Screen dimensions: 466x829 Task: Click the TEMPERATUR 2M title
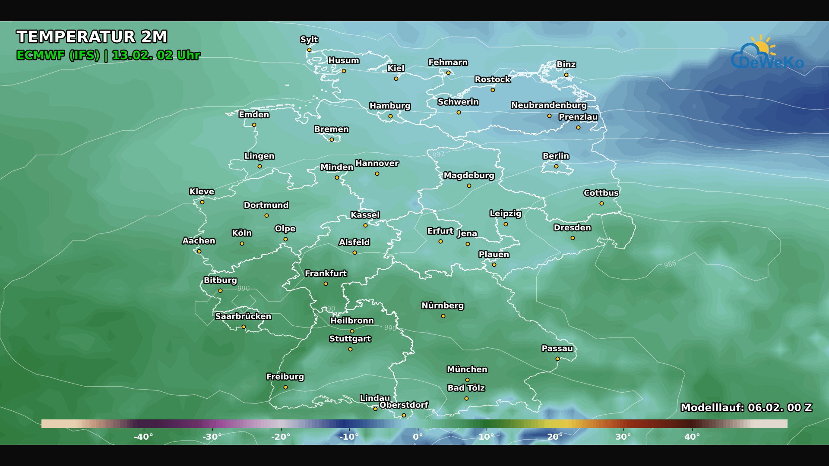coord(92,37)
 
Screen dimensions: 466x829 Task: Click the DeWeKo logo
coord(767,54)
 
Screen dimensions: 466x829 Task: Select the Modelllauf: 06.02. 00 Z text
coord(746,408)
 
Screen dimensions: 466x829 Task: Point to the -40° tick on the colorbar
coord(143,437)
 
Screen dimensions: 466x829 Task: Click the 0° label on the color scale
coord(418,437)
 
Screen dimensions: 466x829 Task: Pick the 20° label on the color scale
coord(555,437)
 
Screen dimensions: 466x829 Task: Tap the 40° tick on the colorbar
coord(692,437)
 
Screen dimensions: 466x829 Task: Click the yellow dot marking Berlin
coord(556,167)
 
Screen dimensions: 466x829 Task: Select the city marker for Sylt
coord(309,50)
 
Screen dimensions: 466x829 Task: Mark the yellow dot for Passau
coord(557,359)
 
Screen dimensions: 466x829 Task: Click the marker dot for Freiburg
coord(285,387)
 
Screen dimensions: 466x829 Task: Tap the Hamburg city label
coord(390,106)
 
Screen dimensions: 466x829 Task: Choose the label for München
coord(467,369)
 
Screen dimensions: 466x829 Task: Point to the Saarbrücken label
coord(243,316)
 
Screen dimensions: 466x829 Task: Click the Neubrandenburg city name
coord(549,105)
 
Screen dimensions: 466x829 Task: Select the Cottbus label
coord(601,193)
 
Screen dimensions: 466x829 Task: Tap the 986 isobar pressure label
coord(670,264)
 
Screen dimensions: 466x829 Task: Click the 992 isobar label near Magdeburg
coord(438,154)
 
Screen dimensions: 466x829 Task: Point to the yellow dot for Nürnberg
coord(443,316)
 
